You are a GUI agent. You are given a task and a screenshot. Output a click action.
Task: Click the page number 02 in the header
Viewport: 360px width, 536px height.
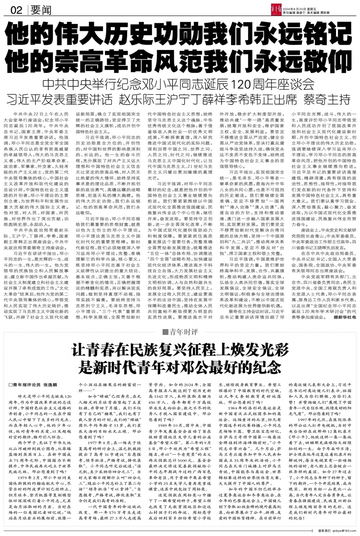(16, 10)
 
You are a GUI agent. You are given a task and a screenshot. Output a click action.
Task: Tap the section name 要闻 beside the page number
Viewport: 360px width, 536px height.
(40, 11)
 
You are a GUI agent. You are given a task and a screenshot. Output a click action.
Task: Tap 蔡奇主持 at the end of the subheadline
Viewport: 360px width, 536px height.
(327, 99)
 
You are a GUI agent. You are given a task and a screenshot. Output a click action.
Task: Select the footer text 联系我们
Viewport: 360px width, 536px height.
(324, 531)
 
